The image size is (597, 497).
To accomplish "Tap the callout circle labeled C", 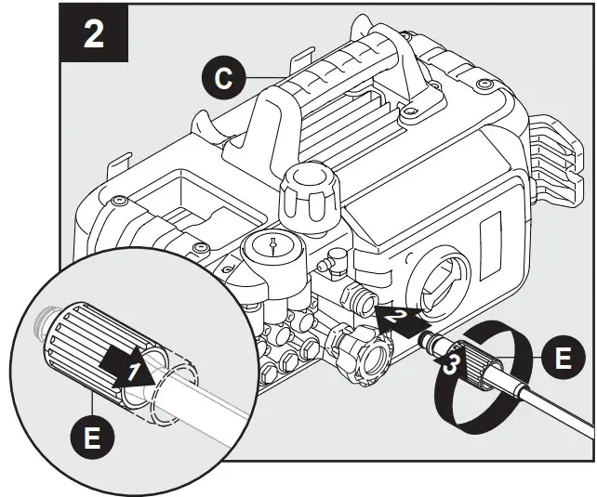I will click(x=221, y=79).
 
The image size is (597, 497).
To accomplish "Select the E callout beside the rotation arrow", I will click(x=562, y=358).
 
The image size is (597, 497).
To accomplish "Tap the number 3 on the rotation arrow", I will click(x=449, y=364).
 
